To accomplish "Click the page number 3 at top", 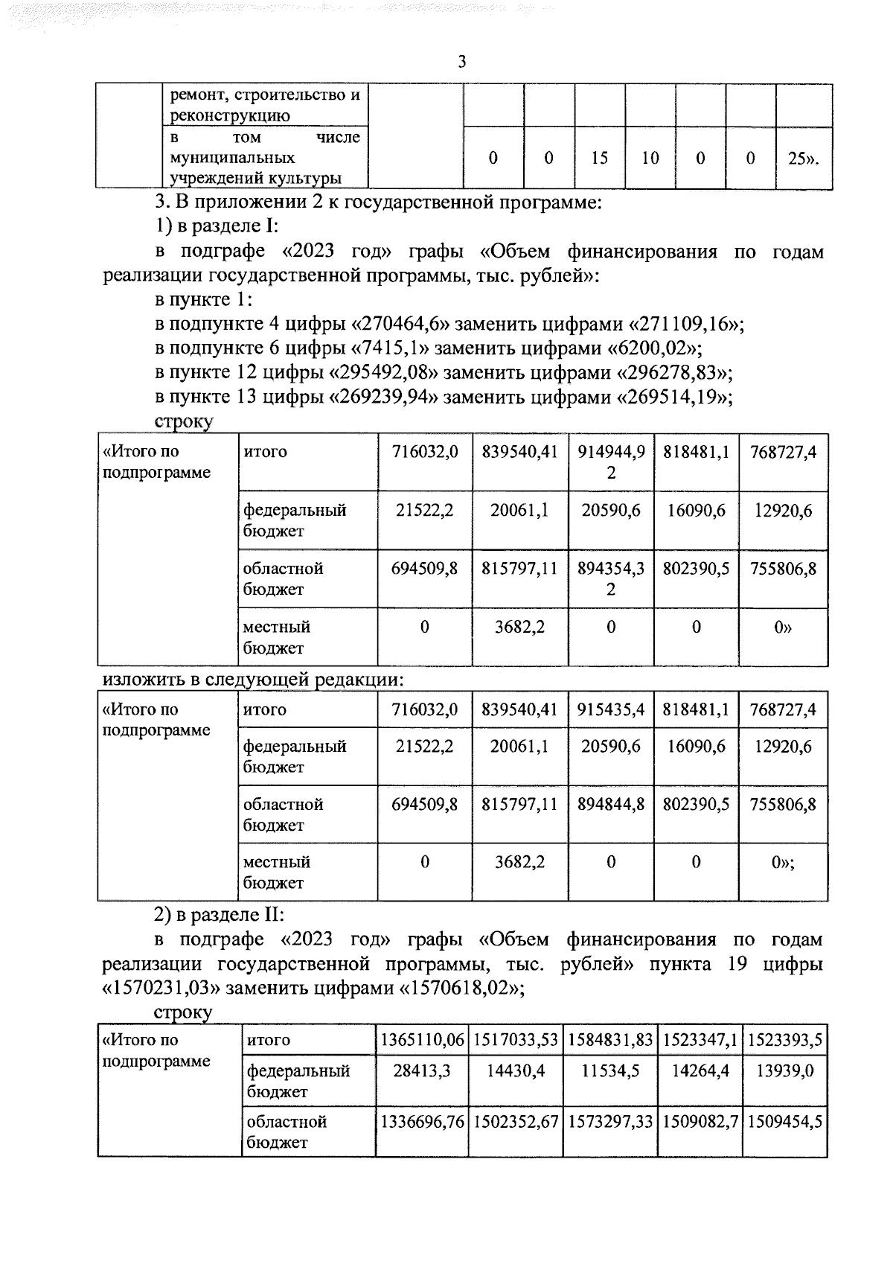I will [x=461, y=63].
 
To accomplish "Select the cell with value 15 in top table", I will [x=600, y=158].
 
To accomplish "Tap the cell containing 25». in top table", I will [x=802, y=158].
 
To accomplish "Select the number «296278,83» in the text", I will [x=673, y=373].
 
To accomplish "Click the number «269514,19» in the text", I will [x=673, y=398].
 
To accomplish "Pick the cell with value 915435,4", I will [x=611, y=710].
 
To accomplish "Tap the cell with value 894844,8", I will [x=611, y=805].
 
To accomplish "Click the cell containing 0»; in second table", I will [x=783, y=862].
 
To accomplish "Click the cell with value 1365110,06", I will [x=422, y=1041].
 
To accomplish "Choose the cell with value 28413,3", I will [x=422, y=1072].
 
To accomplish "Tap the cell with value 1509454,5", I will [x=784, y=1123].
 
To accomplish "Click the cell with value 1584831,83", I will [x=610, y=1041].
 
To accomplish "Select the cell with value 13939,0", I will [x=784, y=1072].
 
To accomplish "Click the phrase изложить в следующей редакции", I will [x=253, y=680].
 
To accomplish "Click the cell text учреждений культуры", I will [x=256, y=179].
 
